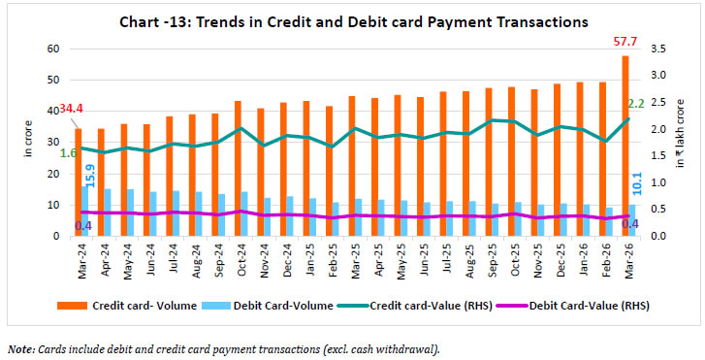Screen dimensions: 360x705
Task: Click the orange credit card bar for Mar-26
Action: pyautogui.click(x=625, y=146)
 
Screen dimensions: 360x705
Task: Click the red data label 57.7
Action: pyautogui.click(x=624, y=42)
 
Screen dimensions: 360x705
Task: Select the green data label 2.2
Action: pyautogui.click(x=637, y=103)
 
